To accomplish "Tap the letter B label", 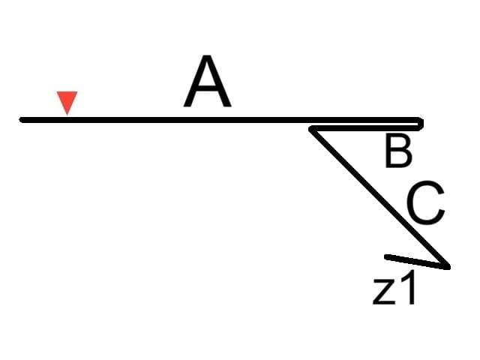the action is tap(398, 151).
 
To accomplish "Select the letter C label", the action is tap(426, 202).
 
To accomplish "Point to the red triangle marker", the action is tap(67, 101).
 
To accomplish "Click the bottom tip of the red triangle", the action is tap(67, 115).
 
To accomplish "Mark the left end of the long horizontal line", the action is tap(21, 120).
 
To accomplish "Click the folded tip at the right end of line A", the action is tap(421, 124).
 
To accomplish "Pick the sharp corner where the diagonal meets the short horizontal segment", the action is tap(310, 130).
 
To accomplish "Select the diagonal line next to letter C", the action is tap(379, 198).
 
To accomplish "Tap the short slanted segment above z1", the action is tap(417, 262).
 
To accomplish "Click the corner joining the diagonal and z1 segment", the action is tap(448, 267).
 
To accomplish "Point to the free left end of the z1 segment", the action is tap(386, 256).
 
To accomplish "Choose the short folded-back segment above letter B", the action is tap(366, 128).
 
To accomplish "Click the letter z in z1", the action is tap(384, 293).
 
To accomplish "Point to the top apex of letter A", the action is tap(207, 56).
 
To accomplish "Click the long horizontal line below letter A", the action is tap(221, 120).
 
